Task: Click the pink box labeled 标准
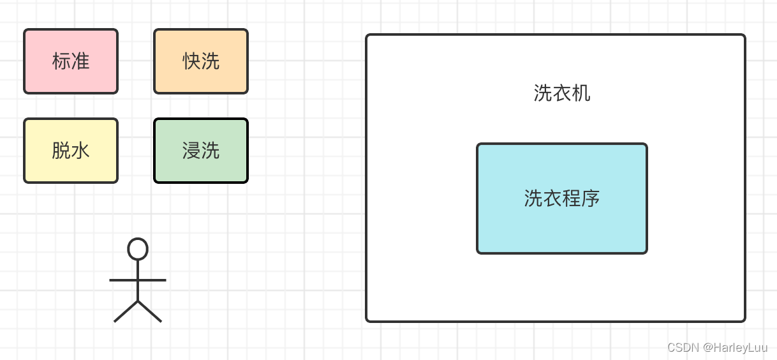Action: pos(71,61)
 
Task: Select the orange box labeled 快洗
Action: pos(201,61)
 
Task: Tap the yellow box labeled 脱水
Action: pos(71,151)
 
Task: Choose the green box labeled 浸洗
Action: pos(201,151)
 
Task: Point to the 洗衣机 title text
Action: pos(562,93)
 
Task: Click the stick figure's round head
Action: pos(138,249)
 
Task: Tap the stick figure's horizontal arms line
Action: pos(121,280)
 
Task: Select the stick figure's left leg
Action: pos(126,311)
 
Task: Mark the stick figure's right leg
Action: pos(150,311)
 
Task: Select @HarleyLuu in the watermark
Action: pos(735,347)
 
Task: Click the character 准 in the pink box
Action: pos(80,61)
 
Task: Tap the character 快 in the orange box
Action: pos(191,61)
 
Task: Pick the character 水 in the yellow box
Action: pos(80,151)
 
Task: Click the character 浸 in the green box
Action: pos(191,151)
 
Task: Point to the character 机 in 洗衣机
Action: pos(581,93)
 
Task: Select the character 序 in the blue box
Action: pos(591,199)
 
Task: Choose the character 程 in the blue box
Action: pos(572,199)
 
